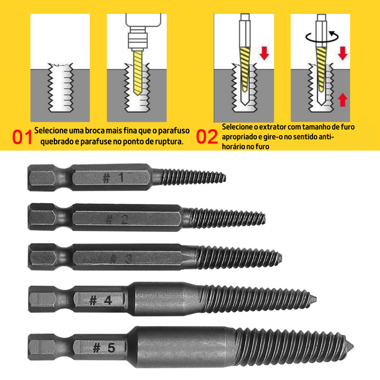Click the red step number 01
[x=22, y=137]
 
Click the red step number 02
[x=207, y=137]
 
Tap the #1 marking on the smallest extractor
[x=114, y=178]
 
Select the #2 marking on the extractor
[x=117, y=219]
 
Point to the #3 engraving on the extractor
[x=121, y=259]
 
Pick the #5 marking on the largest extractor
[x=104, y=348]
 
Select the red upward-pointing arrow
[x=343, y=99]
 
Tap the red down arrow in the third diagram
[x=264, y=53]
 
